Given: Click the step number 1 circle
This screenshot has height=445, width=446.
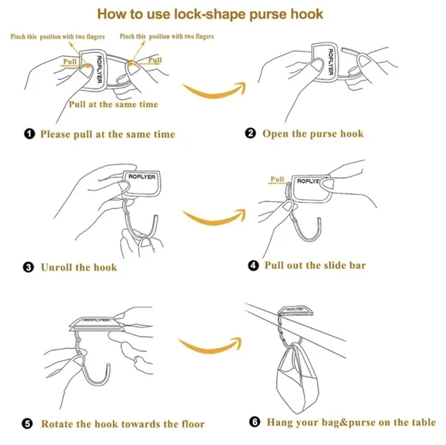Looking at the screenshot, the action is click(x=29, y=134).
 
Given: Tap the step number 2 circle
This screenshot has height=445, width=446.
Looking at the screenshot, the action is click(x=251, y=133).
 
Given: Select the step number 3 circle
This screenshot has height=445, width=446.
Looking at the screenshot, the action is click(x=28, y=267).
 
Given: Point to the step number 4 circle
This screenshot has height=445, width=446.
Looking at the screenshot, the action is click(x=254, y=266).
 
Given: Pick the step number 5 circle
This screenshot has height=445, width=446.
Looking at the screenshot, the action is click(x=28, y=423).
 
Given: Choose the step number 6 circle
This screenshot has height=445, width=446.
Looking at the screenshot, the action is click(x=255, y=422).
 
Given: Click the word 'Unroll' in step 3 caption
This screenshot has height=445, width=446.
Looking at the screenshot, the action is click(x=57, y=267).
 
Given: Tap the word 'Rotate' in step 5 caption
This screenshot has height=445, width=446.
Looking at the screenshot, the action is click(x=58, y=424).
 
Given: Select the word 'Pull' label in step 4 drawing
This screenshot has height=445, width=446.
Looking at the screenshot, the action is click(x=277, y=179).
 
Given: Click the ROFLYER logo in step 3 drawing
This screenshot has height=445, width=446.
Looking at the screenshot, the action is click(x=142, y=177).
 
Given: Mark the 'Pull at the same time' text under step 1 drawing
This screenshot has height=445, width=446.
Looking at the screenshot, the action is click(x=113, y=105).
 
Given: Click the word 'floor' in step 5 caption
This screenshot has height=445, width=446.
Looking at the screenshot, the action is click(x=193, y=424).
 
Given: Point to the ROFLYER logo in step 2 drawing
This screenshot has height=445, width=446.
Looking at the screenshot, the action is click(x=331, y=61).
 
